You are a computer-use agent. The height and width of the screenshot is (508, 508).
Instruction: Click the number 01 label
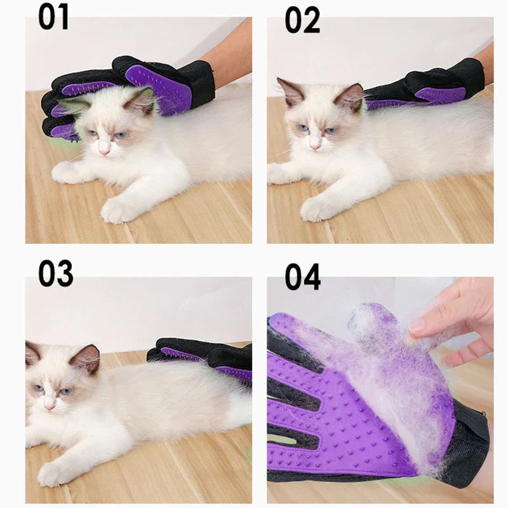[x=54, y=18]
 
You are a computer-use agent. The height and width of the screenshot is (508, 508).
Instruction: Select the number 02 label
[x=302, y=20]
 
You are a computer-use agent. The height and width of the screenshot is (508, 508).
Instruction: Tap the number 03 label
[x=56, y=274]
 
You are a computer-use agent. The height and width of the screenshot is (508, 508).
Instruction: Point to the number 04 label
[x=303, y=277]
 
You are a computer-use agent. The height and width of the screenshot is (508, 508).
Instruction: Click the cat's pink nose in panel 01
[x=104, y=150]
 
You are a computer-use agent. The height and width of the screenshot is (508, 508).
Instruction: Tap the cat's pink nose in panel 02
[x=314, y=146]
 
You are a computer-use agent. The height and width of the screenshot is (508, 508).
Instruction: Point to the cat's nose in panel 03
[x=50, y=406]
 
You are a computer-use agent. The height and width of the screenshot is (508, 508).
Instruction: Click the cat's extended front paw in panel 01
[x=117, y=210]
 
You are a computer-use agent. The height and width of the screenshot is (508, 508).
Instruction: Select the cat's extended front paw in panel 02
[x=315, y=209]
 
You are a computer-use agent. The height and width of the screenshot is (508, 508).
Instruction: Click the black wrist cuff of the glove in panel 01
[x=197, y=83]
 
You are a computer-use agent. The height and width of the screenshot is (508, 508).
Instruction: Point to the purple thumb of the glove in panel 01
[x=159, y=85]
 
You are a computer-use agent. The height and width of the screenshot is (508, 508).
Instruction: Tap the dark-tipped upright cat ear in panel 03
[x=87, y=359]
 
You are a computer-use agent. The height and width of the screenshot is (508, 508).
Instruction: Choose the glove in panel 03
[x=208, y=359]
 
